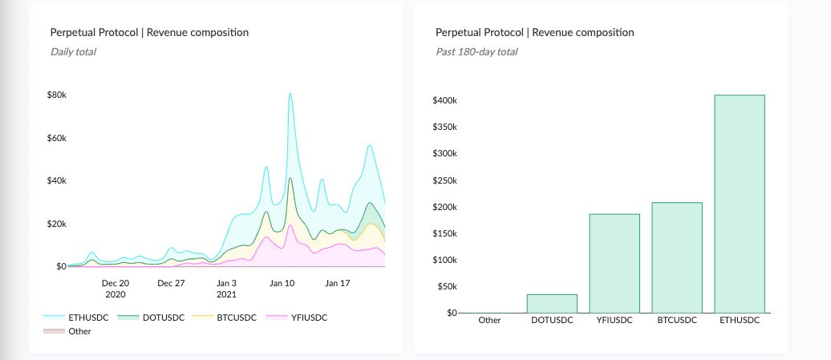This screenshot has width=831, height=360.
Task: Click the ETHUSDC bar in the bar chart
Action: tap(739, 204)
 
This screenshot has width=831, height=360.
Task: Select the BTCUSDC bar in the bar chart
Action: tap(677, 257)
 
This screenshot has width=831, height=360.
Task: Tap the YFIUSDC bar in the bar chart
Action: tap(614, 263)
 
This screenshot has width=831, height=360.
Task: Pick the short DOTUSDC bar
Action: tap(552, 303)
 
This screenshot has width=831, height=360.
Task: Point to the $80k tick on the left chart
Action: tap(55, 95)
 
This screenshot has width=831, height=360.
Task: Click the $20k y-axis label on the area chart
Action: tap(55, 223)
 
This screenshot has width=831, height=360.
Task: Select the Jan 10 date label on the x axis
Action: tap(282, 283)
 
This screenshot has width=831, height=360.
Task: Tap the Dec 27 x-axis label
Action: tap(171, 283)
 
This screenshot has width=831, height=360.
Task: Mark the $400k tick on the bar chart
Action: tap(444, 101)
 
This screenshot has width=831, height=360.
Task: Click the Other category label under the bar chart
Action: tap(489, 320)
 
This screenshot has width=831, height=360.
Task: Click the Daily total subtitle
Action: tap(74, 51)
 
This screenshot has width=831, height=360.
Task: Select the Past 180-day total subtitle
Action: tap(476, 51)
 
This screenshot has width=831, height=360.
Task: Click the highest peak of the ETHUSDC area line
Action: tap(290, 94)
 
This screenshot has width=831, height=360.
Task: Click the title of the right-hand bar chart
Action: tap(534, 33)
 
